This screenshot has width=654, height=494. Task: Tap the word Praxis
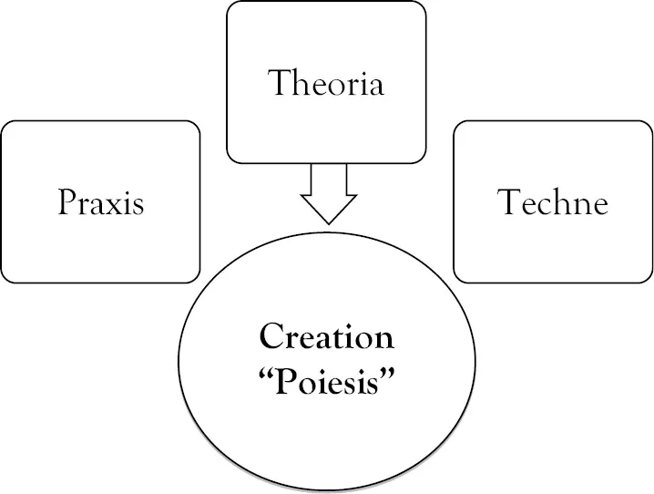[100, 201]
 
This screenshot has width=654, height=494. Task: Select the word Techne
[552, 201]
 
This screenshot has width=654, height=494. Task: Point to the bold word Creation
[326, 338]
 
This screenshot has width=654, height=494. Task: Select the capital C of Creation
[269, 338]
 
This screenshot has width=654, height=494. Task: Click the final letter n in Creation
[385, 340]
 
